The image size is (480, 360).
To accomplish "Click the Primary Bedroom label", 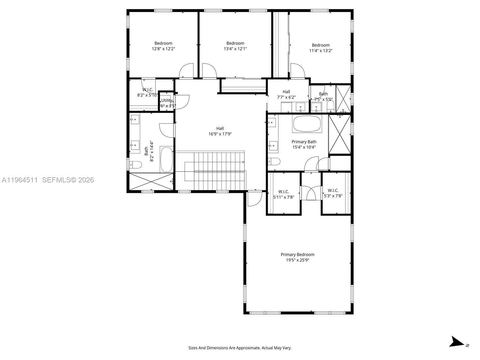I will pos(297,254).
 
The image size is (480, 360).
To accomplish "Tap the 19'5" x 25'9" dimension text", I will pos(297,260).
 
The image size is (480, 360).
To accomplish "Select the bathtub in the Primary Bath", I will pos(307,124).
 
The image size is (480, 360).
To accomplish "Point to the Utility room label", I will pos(167,100).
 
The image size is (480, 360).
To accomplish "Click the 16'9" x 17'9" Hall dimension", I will pos(220,134).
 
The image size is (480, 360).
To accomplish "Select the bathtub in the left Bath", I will pos(166,159).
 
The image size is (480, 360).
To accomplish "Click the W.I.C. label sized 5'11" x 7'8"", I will pos(283,191).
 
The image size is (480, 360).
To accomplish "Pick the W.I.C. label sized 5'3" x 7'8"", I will pos(333,190).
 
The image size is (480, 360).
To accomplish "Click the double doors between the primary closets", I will pos(311,193).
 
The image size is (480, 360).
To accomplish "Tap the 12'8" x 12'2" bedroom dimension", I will pos(163,49).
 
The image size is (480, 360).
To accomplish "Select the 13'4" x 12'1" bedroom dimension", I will pos(235,49).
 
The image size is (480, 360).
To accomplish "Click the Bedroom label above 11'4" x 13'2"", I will pos(320,45).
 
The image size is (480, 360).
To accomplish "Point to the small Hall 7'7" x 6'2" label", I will pos(286,92).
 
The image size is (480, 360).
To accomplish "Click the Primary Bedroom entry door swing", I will pos(254,199).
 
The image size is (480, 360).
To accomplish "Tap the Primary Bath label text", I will pos(304,142).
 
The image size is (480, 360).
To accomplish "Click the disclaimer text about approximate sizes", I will pos(240,348).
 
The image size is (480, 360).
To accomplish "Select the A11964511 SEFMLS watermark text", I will pos(48,180).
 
